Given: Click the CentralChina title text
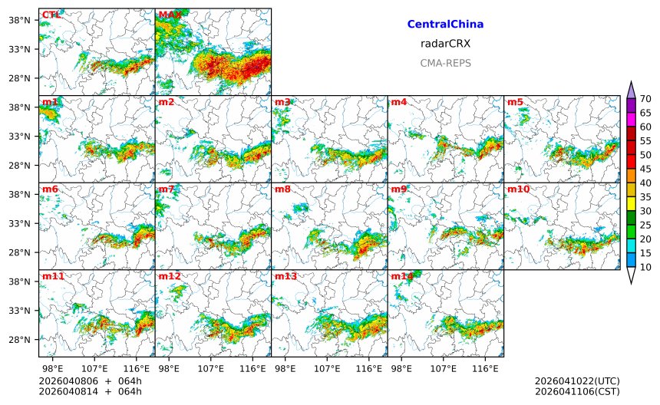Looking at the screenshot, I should click(x=445, y=25).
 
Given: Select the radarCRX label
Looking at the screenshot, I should click(x=445, y=44).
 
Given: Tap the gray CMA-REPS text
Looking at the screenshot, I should click(x=445, y=63).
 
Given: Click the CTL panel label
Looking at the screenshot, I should click(x=51, y=15).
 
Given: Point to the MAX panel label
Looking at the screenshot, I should click(x=170, y=15).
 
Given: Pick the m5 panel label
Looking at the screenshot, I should click(x=515, y=102).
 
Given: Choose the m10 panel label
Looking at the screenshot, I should click(x=518, y=189).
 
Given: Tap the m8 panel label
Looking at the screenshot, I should click(x=282, y=189).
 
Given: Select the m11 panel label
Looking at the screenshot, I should click(x=53, y=276).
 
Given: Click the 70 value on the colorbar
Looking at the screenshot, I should click(x=645, y=98).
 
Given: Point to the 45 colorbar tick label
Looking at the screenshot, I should click(x=645, y=169).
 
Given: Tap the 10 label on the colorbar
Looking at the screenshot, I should click(x=645, y=267).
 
